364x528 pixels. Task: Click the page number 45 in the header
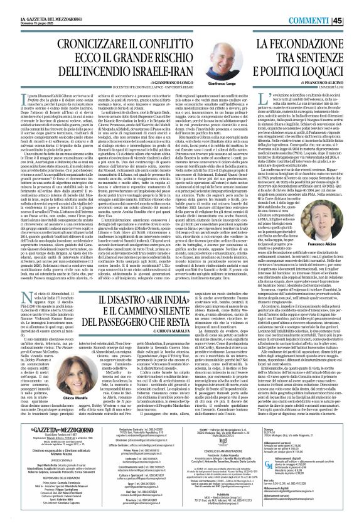(x=355, y=7)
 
